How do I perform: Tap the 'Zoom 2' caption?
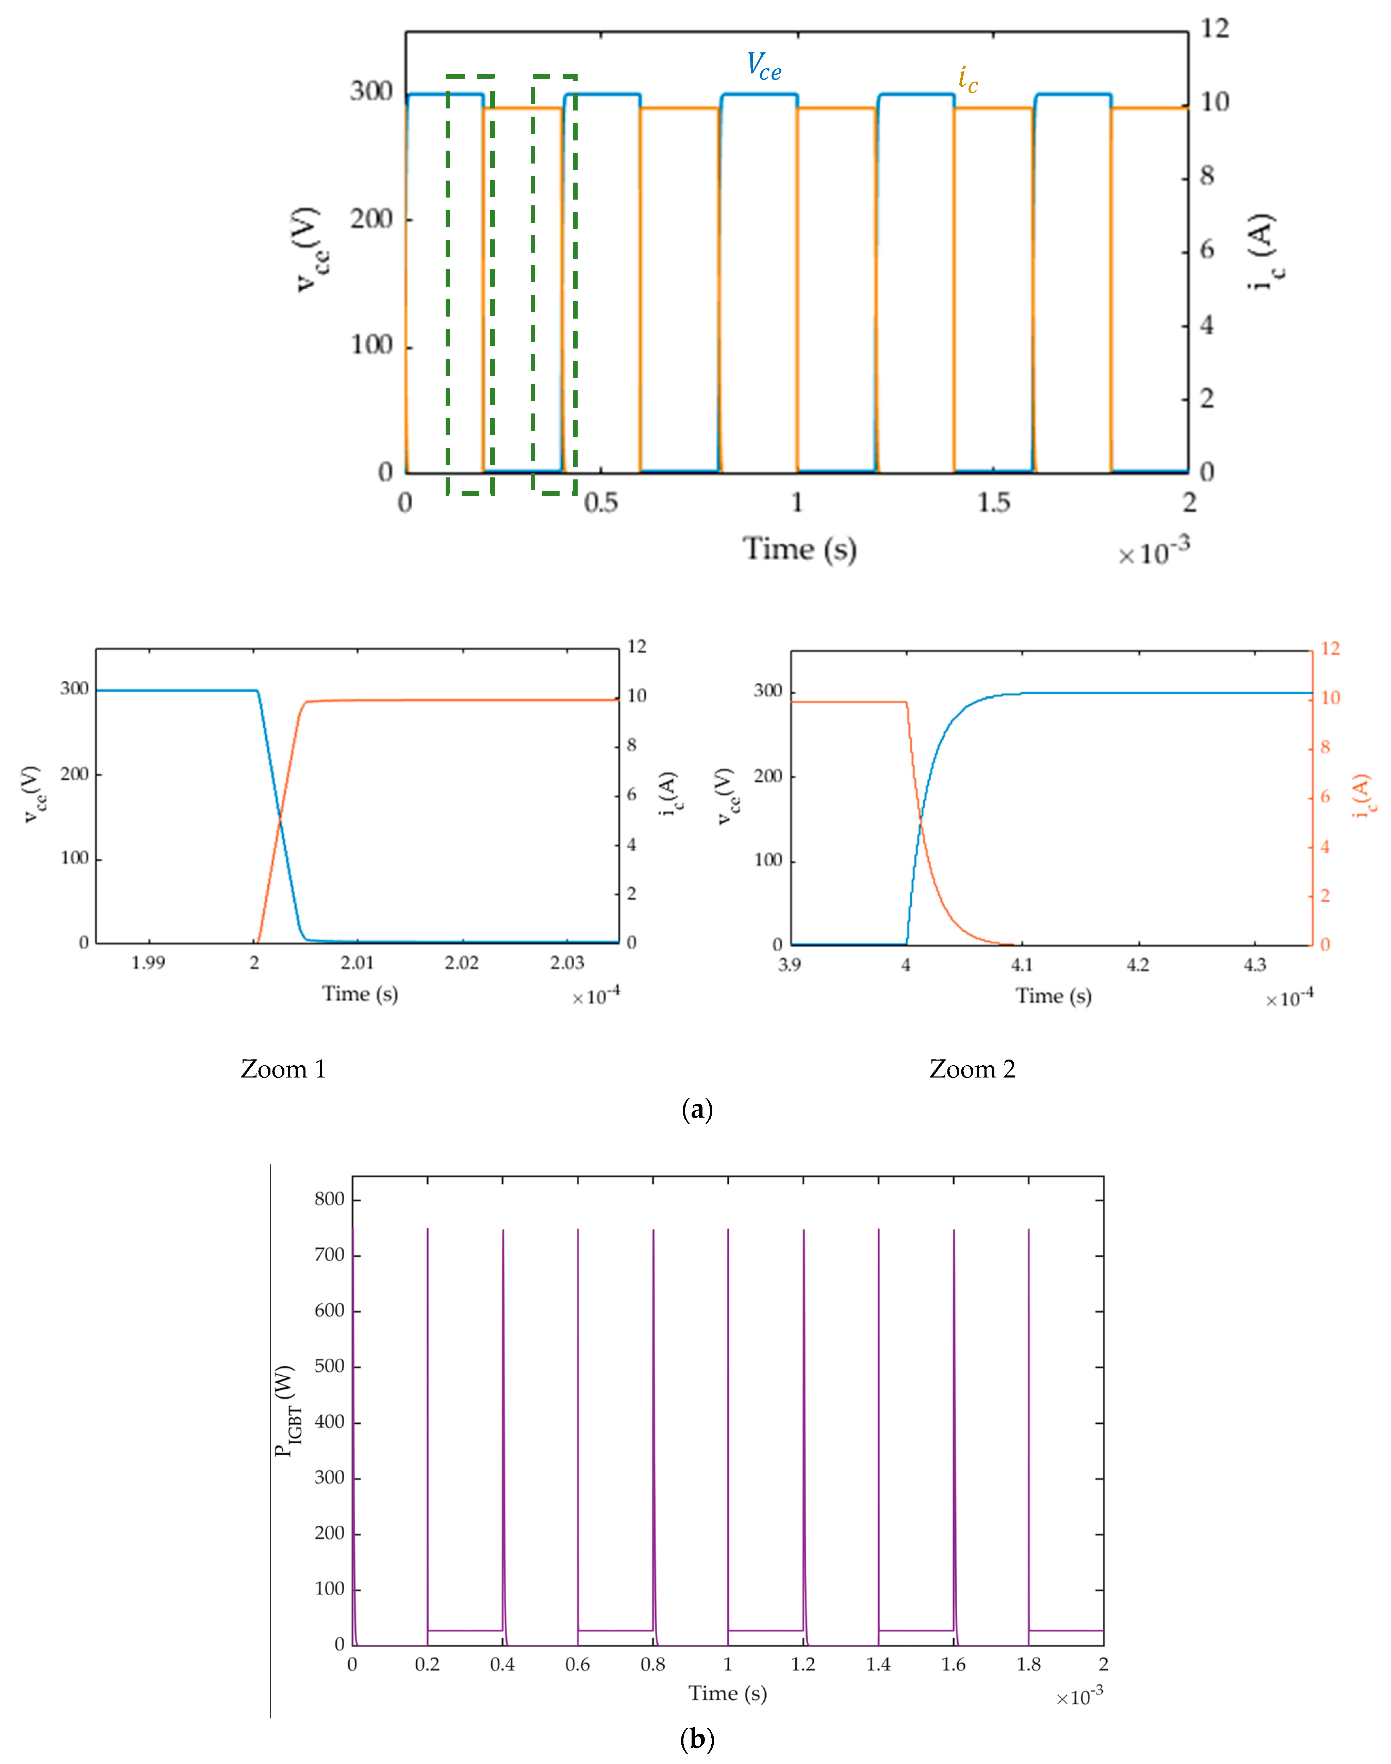(x=972, y=1069)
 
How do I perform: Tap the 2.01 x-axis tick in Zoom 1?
(x=358, y=963)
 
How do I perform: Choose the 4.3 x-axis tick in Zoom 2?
(x=1255, y=965)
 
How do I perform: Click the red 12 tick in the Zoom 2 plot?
(x=1330, y=649)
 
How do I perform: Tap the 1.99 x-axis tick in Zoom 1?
(x=148, y=963)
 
